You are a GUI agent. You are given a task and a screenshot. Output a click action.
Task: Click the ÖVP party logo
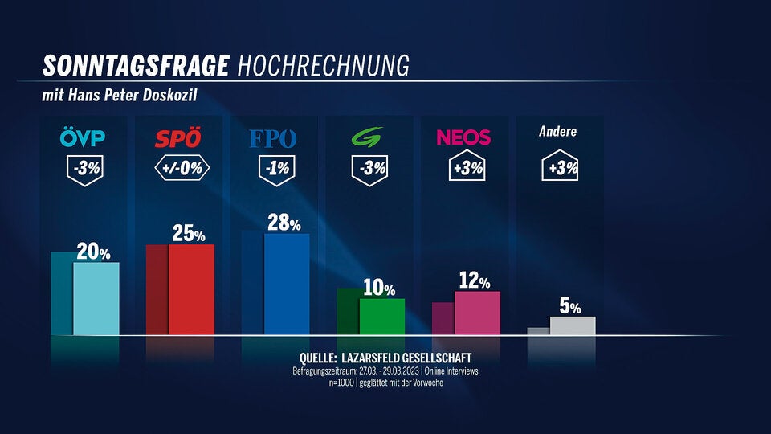pyautogui.click(x=83, y=138)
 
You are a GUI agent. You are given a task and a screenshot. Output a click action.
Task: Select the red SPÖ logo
pyautogui.click(x=177, y=138)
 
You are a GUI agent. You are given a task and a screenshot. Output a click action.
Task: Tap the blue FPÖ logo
pyautogui.click(x=273, y=138)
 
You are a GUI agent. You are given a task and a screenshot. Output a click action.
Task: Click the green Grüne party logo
pyautogui.click(x=369, y=138)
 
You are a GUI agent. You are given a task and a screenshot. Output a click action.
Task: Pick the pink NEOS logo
pyautogui.click(x=463, y=137)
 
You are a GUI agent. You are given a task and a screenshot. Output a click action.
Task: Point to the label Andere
pyautogui.click(x=557, y=132)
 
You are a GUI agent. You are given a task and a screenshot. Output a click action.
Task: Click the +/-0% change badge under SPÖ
pyautogui.click(x=182, y=169)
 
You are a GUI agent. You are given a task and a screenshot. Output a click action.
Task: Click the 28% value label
pyautogui.click(x=284, y=223)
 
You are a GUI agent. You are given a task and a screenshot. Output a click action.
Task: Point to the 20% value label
pyautogui.click(x=93, y=252)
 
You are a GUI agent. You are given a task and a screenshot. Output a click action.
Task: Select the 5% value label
pyautogui.click(x=569, y=306)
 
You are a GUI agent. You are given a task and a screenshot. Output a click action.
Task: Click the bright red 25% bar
pyautogui.click(x=191, y=289)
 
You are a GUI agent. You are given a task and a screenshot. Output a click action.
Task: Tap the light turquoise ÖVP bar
pyautogui.click(x=96, y=298)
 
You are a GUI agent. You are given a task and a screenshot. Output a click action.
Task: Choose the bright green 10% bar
pyautogui.click(x=381, y=317)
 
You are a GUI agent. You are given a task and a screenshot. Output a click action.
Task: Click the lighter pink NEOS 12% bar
pyautogui.click(x=477, y=313)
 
